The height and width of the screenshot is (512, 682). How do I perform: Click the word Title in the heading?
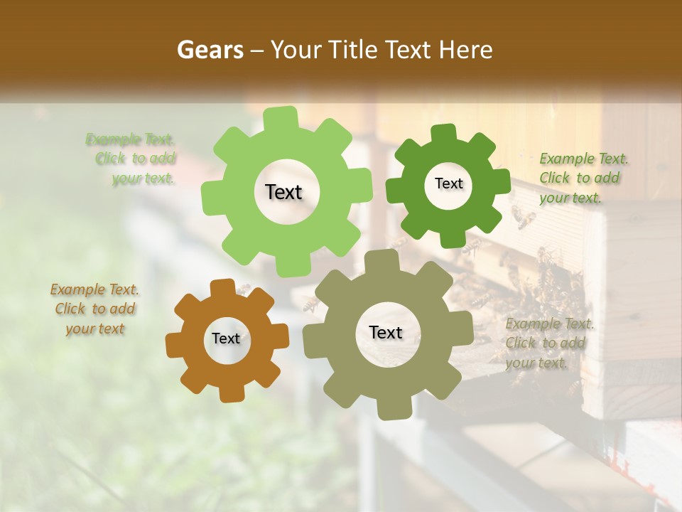pyautogui.click(x=351, y=50)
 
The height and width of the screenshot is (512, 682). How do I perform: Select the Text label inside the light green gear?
pyautogui.click(x=283, y=192)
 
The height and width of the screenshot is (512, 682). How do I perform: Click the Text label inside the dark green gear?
pyautogui.click(x=448, y=183)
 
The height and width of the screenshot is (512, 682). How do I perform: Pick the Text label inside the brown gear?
pyautogui.click(x=226, y=338)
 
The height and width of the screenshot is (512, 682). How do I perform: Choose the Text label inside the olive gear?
pyautogui.click(x=386, y=332)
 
